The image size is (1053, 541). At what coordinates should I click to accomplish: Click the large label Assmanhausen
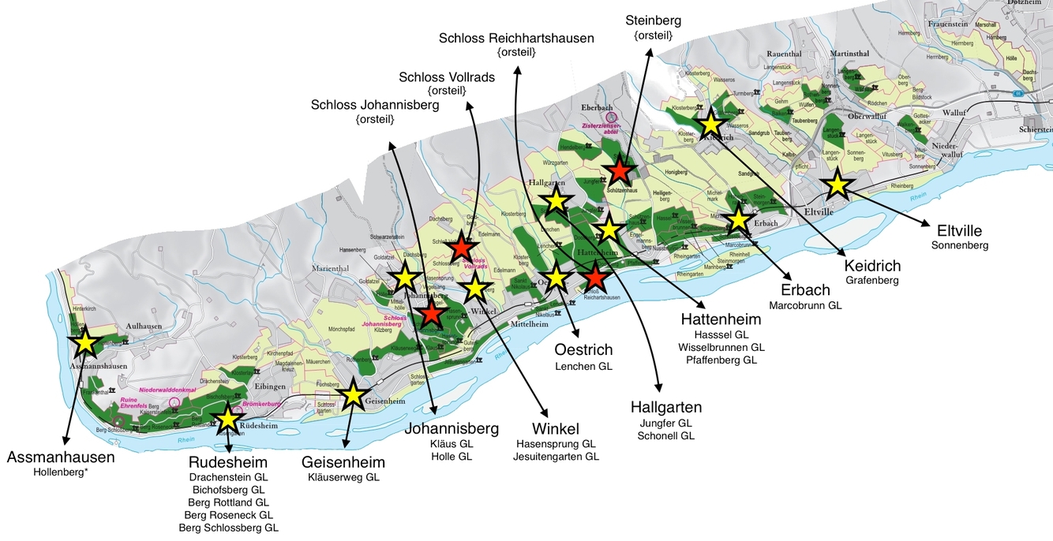61,457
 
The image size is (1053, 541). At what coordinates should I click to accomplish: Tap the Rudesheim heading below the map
227,462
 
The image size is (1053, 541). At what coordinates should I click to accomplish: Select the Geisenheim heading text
343,462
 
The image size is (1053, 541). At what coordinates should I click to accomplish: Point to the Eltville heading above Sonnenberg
959,231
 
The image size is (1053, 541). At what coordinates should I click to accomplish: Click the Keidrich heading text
872,265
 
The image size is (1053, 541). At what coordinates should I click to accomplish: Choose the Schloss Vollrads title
447,76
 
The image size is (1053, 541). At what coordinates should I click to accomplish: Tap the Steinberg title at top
653,20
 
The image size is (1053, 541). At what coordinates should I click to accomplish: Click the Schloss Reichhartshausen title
517,38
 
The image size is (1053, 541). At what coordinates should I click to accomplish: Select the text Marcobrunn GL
805,305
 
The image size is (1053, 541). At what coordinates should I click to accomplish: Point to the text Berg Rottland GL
228,502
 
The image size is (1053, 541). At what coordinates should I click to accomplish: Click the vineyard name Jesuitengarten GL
556,457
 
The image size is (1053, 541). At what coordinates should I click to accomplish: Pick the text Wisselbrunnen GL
721,347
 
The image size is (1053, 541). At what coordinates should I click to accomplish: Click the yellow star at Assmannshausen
85,343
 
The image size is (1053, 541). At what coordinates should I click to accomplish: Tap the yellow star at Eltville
837,185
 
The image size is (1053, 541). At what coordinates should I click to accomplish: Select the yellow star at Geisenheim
353,395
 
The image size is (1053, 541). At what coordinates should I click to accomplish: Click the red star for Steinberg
620,170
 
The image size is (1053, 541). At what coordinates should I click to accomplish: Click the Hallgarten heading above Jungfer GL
666,407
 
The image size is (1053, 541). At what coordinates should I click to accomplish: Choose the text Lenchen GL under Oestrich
583,366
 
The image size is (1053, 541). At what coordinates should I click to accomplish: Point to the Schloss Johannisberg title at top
375,105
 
